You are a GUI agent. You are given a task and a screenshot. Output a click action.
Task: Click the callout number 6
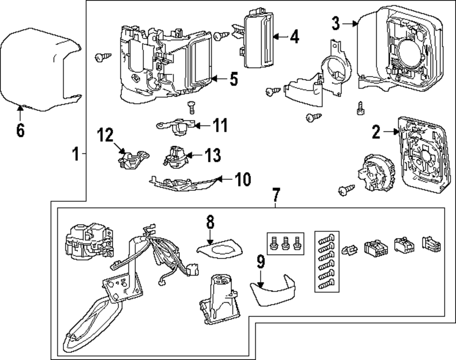click(x=20, y=130)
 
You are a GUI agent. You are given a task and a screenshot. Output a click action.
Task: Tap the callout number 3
click(x=336, y=22)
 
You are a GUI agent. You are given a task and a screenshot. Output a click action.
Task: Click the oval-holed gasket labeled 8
click(x=220, y=248)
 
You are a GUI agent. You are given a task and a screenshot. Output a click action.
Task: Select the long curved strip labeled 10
click(x=182, y=185)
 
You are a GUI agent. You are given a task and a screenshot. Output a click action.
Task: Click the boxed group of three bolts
click(x=285, y=243)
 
